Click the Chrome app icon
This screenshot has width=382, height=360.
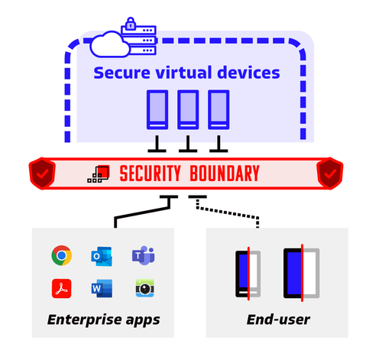click(x=61, y=255)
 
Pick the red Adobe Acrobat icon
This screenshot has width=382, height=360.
click(x=61, y=289)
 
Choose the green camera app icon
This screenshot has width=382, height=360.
click(x=142, y=289)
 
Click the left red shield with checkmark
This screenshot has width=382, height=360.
click(x=42, y=174)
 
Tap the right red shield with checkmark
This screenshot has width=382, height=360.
click(x=330, y=174)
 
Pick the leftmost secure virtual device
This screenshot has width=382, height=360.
click(x=157, y=109)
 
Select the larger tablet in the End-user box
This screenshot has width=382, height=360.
click(x=300, y=272)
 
